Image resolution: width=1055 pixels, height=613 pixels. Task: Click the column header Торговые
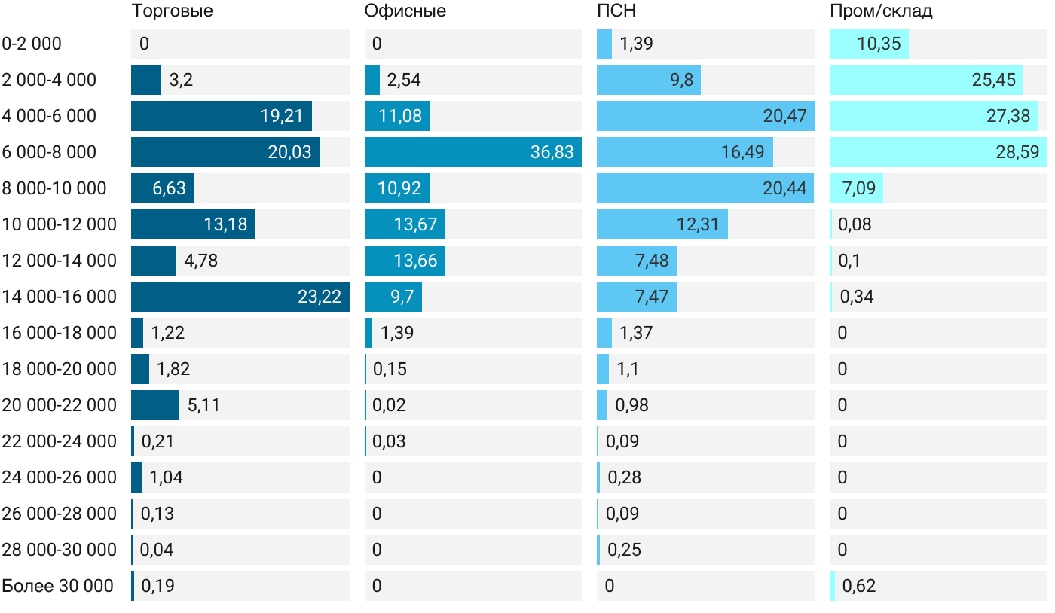[x=172, y=11]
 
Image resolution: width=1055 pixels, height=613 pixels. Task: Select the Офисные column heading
[x=405, y=11]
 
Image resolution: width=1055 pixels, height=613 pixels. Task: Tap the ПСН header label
[x=616, y=11]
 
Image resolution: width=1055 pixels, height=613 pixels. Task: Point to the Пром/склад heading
[x=881, y=11]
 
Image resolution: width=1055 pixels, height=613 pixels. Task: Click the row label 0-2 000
[x=32, y=44]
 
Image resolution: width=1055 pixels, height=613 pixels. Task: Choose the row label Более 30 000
[x=57, y=586]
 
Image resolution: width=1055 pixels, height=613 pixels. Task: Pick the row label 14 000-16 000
[x=60, y=297]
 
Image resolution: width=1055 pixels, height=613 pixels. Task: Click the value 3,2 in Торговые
[x=181, y=80]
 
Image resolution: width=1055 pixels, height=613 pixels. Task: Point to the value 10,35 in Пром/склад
[x=879, y=44]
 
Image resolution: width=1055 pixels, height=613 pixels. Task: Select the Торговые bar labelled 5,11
[x=155, y=405]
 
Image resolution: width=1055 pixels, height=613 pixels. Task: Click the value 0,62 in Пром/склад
[x=859, y=586]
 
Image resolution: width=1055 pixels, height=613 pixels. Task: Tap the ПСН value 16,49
[x=742, y=152]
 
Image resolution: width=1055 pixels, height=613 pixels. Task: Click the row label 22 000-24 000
[x=60, y=441]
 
